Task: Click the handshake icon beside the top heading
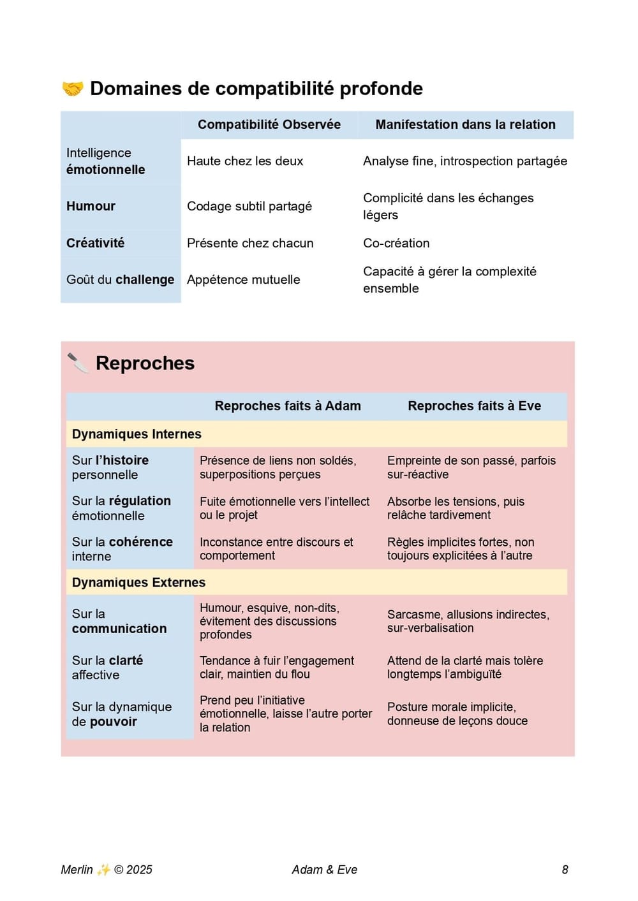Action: [x=73, y=89]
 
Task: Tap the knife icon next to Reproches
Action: [x=78, y=363]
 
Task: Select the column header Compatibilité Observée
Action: [x=269, y=124]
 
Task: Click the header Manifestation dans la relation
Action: [x=465, y=124]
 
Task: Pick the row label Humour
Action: [x=91, y=206]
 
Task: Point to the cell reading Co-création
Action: [x=396, y=243]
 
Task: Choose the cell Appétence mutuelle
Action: [x=243, y=279]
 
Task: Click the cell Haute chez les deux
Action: [x=245, y=161]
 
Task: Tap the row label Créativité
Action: [x=95, y=243]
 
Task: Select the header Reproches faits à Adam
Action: [x=288, y=406]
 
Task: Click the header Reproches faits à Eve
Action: [x=474, y=406]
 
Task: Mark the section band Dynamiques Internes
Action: [x=137, y=434]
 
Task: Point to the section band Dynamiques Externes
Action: [x=138, y=582]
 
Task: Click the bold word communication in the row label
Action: [x=119, y=629]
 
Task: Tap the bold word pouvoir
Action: [x=113, y=722]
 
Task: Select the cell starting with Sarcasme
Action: [x=468, y=621]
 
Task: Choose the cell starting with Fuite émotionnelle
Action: [x=284, y=508]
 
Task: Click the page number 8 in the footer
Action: [x=565, y=870]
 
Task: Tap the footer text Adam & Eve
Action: [x=324, y=870]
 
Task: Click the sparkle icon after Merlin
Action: [x=103, y=870]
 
